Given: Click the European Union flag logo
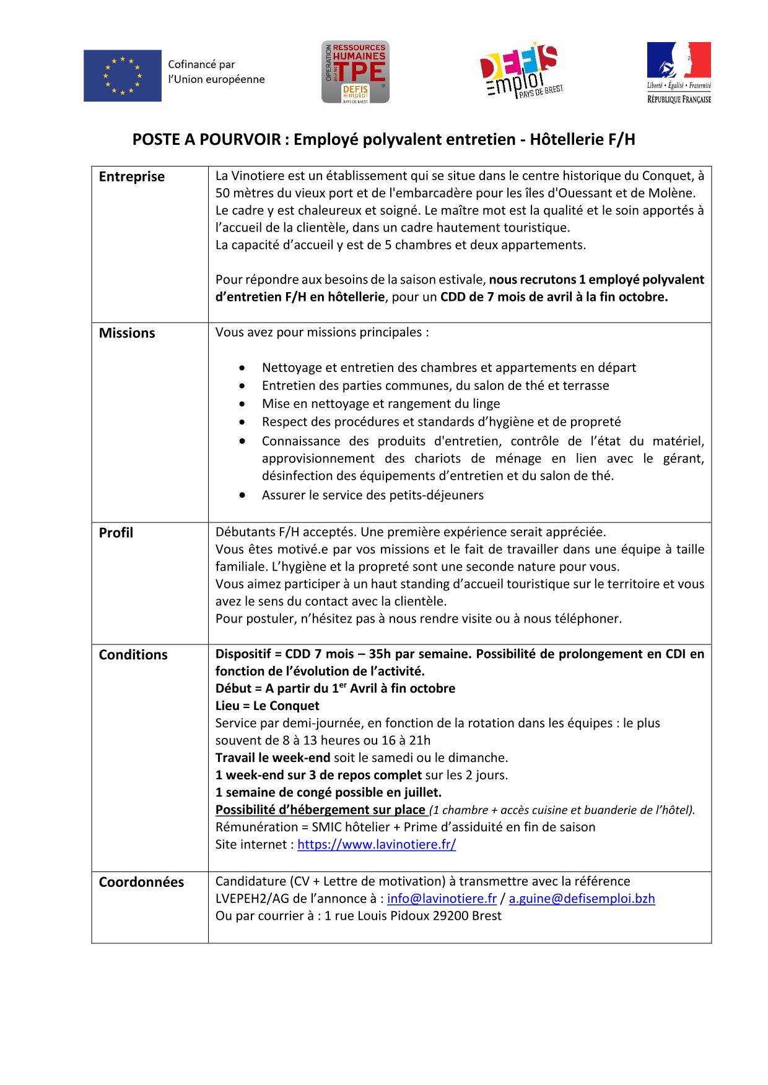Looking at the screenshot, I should pos(123,76).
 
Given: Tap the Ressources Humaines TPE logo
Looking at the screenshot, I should pos(355,72).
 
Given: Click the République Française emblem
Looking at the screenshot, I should pos(679,72).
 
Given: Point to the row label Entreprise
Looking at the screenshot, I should pos(132,177).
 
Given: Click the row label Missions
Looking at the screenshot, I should pos(127,333).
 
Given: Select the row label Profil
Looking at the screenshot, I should pos(116,533).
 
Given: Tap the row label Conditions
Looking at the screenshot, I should pos(133,655).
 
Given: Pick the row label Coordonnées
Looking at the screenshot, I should pos(141,882).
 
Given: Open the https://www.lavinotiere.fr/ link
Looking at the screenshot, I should pos(377,844).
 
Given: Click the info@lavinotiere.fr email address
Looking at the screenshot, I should pos(442,899).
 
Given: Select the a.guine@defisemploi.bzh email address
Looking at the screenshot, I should pos(582,899).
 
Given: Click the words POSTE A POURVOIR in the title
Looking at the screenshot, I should pos(206,140).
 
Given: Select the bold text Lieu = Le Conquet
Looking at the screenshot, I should pos(267,706).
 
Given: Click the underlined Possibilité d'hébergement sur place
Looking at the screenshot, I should pos(320,810).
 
